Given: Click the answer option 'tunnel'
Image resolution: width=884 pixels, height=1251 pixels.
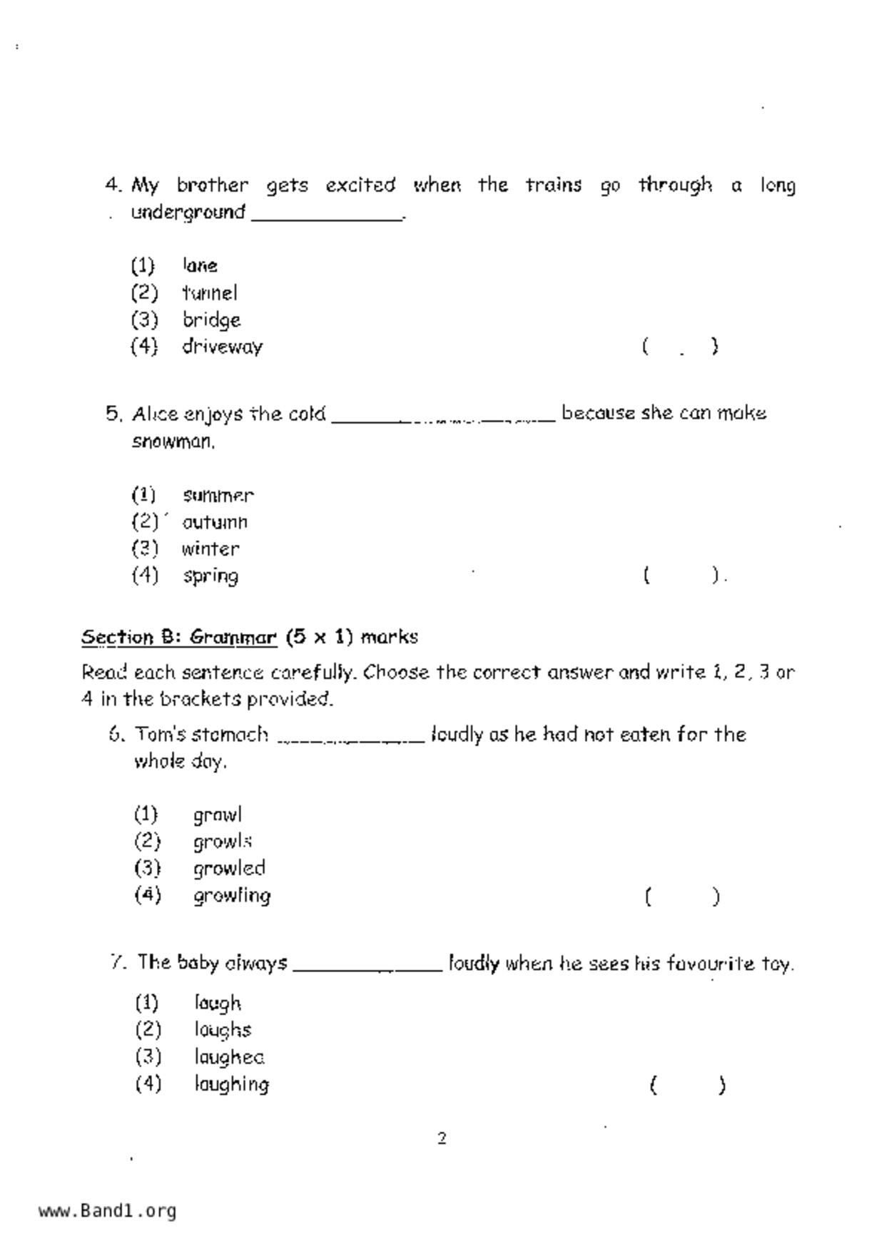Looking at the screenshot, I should [209, 293].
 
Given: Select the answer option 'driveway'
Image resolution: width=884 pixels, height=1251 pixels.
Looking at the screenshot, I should [222, 347].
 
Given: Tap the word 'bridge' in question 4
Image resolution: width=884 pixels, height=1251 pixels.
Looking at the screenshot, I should [211, 320].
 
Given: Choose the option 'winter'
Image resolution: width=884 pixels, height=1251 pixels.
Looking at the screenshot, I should [210, 549].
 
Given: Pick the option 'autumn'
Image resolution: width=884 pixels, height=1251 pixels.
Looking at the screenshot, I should [215, 522].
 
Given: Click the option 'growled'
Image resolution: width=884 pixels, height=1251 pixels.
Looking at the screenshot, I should [229, 868].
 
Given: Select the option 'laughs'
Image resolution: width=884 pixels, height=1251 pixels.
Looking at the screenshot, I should [223, 1030].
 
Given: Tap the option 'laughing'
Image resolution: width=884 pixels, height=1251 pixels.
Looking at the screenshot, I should [231, 1084].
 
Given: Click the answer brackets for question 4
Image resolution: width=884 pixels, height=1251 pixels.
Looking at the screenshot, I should [680, 347].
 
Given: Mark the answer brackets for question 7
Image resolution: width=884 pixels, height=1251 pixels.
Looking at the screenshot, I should [688, 1086].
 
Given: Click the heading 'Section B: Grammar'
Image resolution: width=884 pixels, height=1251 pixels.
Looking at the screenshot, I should [178, 637].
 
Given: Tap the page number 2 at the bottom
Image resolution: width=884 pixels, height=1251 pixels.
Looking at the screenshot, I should [442, 1138].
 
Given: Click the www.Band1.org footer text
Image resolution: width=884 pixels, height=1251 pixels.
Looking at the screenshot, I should [107, 1211].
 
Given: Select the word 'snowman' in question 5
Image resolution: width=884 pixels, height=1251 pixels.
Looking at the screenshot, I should [173, 442].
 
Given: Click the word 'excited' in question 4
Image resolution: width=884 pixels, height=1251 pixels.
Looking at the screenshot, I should [360, 185].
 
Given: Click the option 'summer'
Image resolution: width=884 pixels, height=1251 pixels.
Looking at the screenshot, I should [218, 496].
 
